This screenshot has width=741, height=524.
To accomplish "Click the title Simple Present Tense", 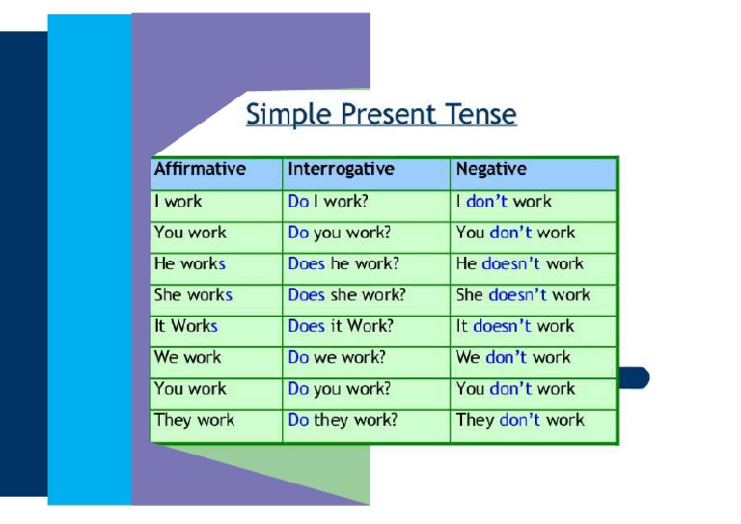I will [x=381, y=114].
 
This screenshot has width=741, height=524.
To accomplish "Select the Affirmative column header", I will [x=200, y=169].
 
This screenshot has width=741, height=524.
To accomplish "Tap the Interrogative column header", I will [x=341, y=169].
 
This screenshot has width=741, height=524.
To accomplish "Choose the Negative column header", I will [x=491, y=169].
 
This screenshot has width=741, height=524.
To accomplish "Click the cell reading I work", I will [x=178, y=202].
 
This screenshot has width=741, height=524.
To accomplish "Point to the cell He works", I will [x=189, y=263].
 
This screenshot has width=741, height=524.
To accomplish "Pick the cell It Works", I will [x=186, y=326].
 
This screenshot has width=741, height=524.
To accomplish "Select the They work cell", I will [x=194, y=420].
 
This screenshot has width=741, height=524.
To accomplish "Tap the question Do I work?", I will [x=328, y=202].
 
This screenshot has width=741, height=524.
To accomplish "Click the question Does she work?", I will [x=346, y=295].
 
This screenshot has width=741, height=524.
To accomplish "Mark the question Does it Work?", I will [x=341, y=326].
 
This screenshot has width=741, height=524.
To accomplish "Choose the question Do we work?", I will [x=337, y=357].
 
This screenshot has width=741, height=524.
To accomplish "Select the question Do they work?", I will [x=343, y=420].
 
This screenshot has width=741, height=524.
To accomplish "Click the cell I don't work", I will [x=504, y=202].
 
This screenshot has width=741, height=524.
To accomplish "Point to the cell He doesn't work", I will [x=519, y=263].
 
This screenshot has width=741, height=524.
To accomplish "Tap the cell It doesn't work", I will [x=514, y=326].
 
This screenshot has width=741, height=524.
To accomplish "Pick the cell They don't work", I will [x=520, y=420].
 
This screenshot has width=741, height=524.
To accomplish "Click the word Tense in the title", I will [x=480, y=114].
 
